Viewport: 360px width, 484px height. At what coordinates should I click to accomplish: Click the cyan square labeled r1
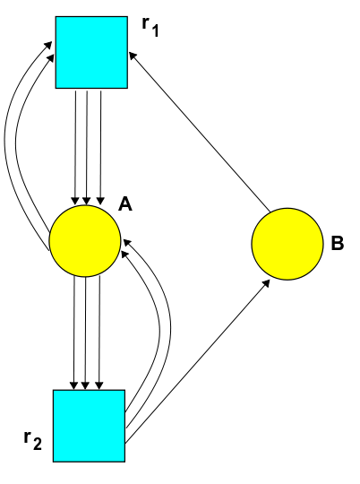tap(91, 53)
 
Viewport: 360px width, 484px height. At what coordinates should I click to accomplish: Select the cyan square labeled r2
tap(90, 426)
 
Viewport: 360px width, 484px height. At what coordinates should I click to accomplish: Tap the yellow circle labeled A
tap(85, 241)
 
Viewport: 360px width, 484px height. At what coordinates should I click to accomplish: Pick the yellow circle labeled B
tap(287, 244)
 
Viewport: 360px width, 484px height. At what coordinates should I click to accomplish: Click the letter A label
tap(125, 204)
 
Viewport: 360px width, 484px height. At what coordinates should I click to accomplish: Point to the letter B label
tap(338, 243)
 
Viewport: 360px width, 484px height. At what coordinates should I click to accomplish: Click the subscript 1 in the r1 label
tap(155, 30)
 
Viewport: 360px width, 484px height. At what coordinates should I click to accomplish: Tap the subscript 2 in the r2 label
tap(37, 444)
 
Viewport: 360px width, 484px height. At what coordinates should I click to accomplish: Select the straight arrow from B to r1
tap(200, 132)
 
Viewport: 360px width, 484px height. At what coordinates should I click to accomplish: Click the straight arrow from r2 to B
tap(197, 361)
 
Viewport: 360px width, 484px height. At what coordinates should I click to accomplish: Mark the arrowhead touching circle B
tap(267, 283)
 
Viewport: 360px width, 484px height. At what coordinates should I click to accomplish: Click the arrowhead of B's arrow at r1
tap(133, 56)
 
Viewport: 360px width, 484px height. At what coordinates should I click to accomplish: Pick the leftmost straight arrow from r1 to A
tap(75, 148)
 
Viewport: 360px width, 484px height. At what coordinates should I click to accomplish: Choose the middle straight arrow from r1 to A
tap(86, 148)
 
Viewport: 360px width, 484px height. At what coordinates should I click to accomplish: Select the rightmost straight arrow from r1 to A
tap(100, 148)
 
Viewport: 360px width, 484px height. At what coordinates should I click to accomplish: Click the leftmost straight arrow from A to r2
tap(73, 333)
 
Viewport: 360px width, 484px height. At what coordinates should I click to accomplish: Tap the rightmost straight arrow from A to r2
tap(99, 333)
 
